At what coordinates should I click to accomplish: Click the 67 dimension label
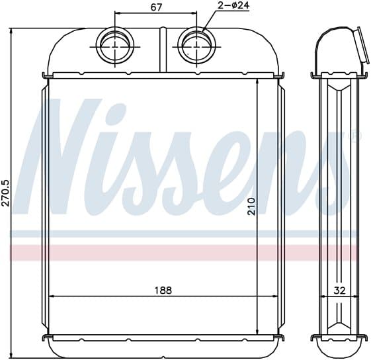point(156,7)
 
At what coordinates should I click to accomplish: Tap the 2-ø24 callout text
point(233,5)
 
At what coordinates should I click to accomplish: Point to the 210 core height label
point(251,206)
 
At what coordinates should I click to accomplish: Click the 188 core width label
point(163,290)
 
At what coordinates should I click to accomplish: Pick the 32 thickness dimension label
point(339,291)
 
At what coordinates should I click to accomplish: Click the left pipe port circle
point(115,47)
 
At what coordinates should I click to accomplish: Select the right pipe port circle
point(196,46)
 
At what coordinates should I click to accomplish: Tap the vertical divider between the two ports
point(163,50)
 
